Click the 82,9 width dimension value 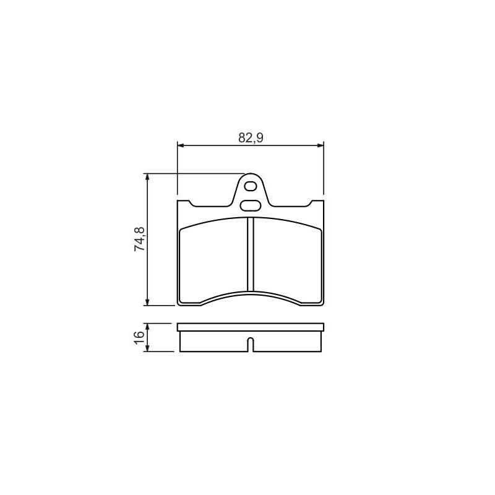click(x=251, y=137)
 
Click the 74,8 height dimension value click(x=140, y=239)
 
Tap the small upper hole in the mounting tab click(x=251, y=187)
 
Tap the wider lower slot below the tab click(x=251, y=205)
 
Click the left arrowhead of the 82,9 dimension click(x=181, y=145)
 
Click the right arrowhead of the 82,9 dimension click(x=321, y=145)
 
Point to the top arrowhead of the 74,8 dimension click(x=147, y=177)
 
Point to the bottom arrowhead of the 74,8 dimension click(x=147, y=302)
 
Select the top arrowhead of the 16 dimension click(x=147, y=327)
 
